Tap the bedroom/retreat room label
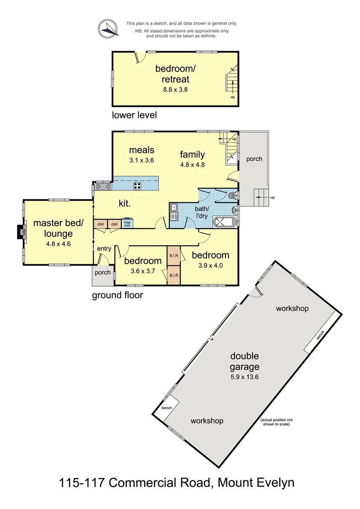click(x=175, y=74)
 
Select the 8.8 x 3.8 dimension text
click(x=175, y=89)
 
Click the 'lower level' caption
click(x=134, y=115)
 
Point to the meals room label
click(x=142, y=150)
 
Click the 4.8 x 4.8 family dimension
click(x=192, y=165)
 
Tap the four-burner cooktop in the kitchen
click(x=138, y=186)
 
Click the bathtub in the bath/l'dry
click(x=225, y=222)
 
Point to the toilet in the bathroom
click(x=231, y=195)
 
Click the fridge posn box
click(x=127, y=224)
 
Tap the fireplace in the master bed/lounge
click(x=20, y=232)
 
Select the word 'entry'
click(x=104, y=249)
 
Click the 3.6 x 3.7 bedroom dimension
click(x=142, y=271)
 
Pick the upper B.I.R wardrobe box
click(x=173, y=255)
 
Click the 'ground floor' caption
click(x=117, y=296)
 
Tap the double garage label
click(x=245, y=361)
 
